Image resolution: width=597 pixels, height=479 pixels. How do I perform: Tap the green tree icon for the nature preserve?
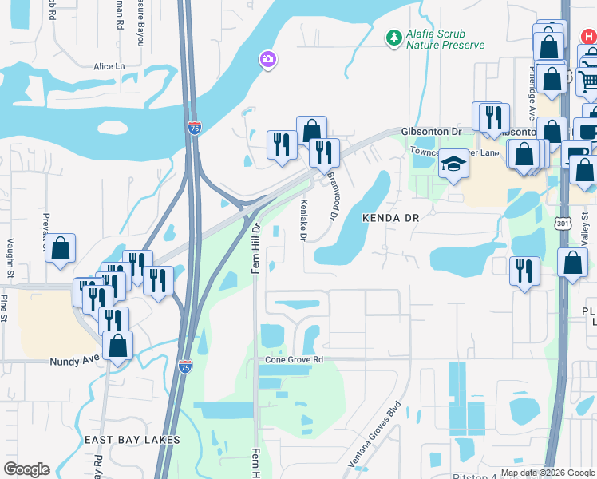[393, 38]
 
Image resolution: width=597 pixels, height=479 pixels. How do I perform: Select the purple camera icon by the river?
[267, 59]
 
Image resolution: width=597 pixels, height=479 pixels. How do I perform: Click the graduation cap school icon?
[454, 164]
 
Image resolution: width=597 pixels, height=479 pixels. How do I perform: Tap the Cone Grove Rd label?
[295, 360]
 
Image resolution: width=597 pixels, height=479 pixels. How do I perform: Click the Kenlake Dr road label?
[303, 220]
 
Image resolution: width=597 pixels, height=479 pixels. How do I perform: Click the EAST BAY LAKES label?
[132, 440]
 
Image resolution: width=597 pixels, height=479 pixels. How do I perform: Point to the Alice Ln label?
[109, 66]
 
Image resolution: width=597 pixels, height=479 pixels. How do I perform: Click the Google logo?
[26, 469]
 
